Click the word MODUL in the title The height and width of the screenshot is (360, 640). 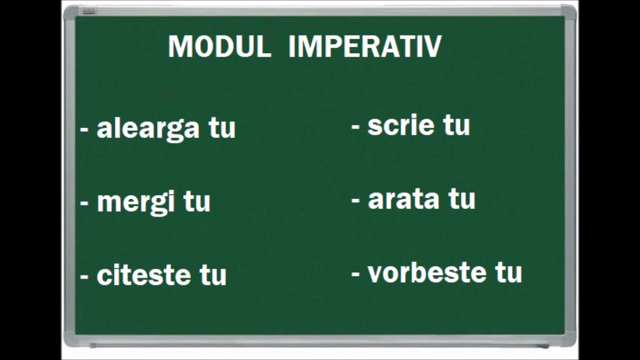point(219,46)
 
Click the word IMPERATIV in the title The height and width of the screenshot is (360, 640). point(365,46)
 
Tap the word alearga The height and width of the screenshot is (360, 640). point(148,128)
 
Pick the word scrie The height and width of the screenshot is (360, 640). point(402,125)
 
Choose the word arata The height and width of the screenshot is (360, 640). point(404,199)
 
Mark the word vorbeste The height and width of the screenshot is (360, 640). point(427,272)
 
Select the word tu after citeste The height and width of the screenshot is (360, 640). point(213,275)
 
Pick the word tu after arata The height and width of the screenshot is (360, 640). point(461,199)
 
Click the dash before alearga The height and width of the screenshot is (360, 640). point(84,130)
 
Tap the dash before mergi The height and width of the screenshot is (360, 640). point(84,203)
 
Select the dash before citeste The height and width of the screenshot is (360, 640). point(84,276)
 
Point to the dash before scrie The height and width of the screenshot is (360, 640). point(356,127)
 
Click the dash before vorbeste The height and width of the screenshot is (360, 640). point(356,274)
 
